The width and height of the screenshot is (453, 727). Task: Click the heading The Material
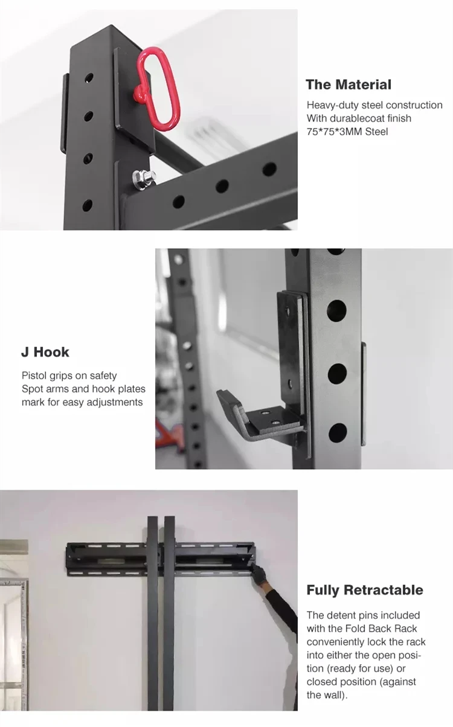[x=348, y=85]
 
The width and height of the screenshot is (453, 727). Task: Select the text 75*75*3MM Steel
[x=347, y=131]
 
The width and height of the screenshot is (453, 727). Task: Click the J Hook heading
[x=45, y=352]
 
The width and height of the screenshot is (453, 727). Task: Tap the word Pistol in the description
[x=34, y=376]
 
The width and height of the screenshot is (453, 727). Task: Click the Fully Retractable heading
[x=365, y=590]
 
